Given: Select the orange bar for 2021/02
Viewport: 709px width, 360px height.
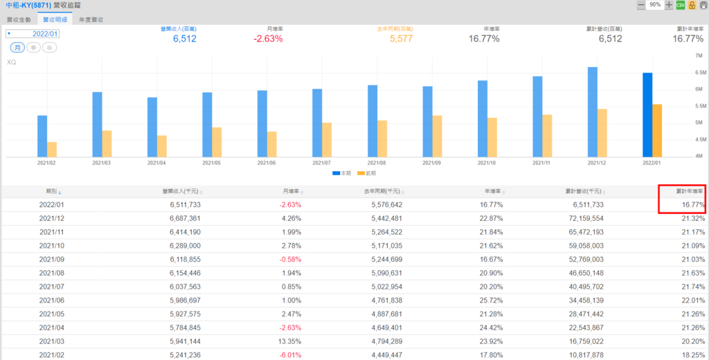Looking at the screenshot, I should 52,150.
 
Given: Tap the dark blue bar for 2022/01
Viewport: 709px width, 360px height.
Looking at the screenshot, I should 647,115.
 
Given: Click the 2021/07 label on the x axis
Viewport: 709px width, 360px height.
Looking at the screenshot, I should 322,163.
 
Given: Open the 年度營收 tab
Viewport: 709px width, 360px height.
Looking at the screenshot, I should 91,21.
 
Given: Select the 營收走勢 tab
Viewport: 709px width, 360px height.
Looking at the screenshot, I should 19,21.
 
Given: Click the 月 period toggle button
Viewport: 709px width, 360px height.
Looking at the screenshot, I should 17,48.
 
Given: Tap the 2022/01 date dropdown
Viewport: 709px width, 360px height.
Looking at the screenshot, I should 33,33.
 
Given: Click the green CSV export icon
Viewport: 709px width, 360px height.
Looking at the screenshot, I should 681,6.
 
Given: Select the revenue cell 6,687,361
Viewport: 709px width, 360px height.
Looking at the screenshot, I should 180,218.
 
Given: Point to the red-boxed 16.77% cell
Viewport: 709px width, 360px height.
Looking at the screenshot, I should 692,205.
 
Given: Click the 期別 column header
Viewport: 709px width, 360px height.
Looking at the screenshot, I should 53,191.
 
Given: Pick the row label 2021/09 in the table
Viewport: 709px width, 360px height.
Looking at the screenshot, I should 51,259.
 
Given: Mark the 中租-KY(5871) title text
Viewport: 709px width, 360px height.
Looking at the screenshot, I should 27,6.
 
